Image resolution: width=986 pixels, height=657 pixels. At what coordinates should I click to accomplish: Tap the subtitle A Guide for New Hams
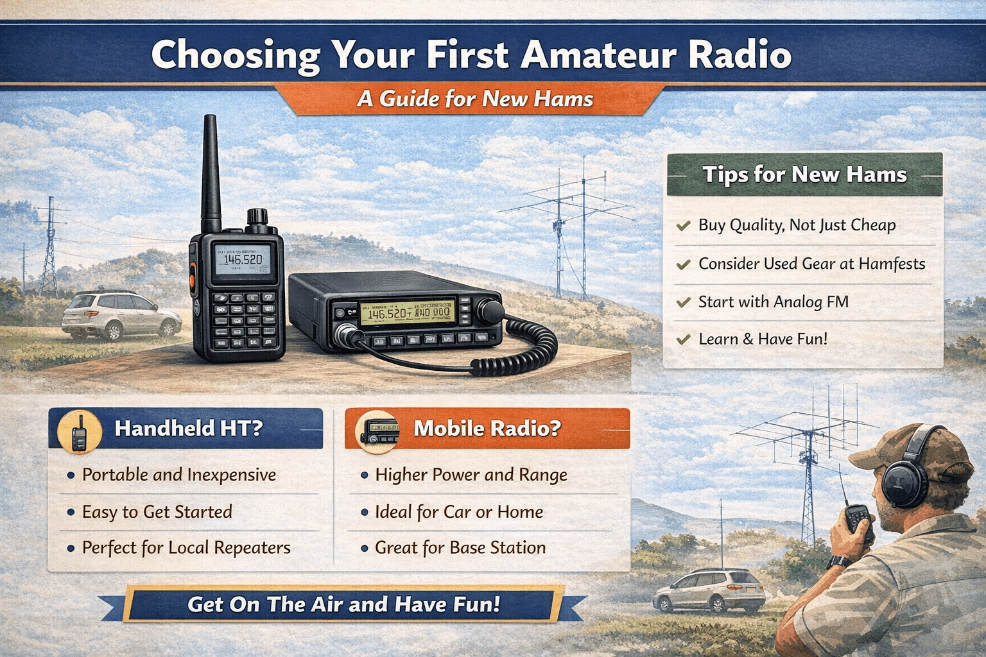click(x=475, y=99)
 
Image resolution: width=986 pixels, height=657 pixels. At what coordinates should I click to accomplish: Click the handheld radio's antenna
click(x=211, y=173)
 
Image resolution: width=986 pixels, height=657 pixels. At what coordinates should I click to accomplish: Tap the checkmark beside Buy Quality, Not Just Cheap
click(x=683, y=226)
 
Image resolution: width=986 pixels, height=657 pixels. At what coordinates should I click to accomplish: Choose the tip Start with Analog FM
click(x=774, y=302)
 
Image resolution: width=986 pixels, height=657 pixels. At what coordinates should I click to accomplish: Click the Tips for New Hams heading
click(x=804, y=175)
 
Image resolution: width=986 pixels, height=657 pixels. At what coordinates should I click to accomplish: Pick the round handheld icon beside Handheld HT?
click(x=80, y=431)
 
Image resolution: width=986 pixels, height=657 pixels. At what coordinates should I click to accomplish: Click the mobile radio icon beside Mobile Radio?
click(x=377, y=431)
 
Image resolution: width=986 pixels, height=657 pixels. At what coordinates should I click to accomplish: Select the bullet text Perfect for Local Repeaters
click(x=186, y=548)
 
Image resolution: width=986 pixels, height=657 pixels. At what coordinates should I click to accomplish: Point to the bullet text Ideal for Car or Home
click(x=459, y=512)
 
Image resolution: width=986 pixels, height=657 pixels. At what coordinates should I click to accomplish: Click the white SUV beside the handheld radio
click(x=121, y=316)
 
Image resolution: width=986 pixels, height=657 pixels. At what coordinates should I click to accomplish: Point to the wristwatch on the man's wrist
click(x=839, y=562)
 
